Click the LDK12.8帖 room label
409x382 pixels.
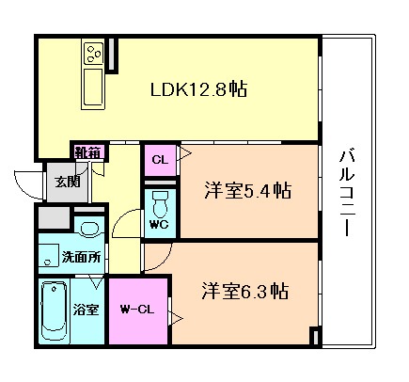(x=198, y=89)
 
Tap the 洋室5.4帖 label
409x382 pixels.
(x=247, y=190)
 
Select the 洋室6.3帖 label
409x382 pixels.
(x=245, y=291)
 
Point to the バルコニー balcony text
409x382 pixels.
(x=347, y=193)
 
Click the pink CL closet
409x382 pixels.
(x=160, y=160)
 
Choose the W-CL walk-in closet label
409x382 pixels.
(x=137, y=310)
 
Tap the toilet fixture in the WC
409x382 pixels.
(x=160, y=204)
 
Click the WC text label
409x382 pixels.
(x=159, y=225)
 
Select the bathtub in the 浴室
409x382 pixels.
(x=55, y=310)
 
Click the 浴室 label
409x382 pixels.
(x=87, y=310)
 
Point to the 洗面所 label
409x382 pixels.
(x=81, y=257)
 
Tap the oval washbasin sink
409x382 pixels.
(x=89, y=229)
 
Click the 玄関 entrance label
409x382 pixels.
(x=68, y=182)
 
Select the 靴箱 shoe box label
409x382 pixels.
(x=87, y=152)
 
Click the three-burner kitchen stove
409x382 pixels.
(x=93, y=54)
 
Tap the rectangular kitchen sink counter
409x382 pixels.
(x=93, y=88)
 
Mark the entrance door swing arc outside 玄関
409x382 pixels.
(x=24, y=189)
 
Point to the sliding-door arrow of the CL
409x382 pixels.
(x=184, y=153)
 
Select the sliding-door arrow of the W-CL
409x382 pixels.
(x=176, y=319)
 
